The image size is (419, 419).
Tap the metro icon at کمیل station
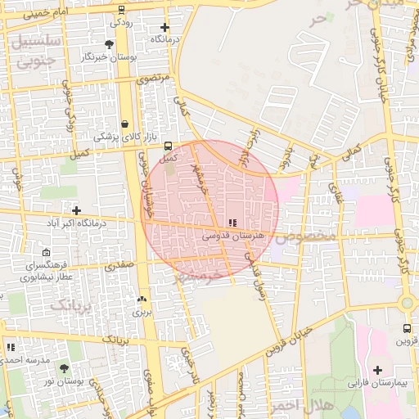click(x=169, y=146)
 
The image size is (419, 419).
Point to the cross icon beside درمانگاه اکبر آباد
click(x=76, y=210)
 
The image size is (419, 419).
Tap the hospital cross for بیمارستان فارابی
click(x=377, y=370)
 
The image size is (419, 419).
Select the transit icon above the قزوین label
click(x=407, y=329)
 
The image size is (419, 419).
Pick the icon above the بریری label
click(x=142, y=300)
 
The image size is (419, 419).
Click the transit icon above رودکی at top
click(x=121, y=10)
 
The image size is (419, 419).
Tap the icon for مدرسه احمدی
click(x=11, y=347)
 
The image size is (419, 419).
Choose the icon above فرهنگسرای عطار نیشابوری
click(x=45, y=252)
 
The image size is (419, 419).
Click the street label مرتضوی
click(x=155, y=79)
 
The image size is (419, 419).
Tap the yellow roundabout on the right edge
click(x=407, y=303)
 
